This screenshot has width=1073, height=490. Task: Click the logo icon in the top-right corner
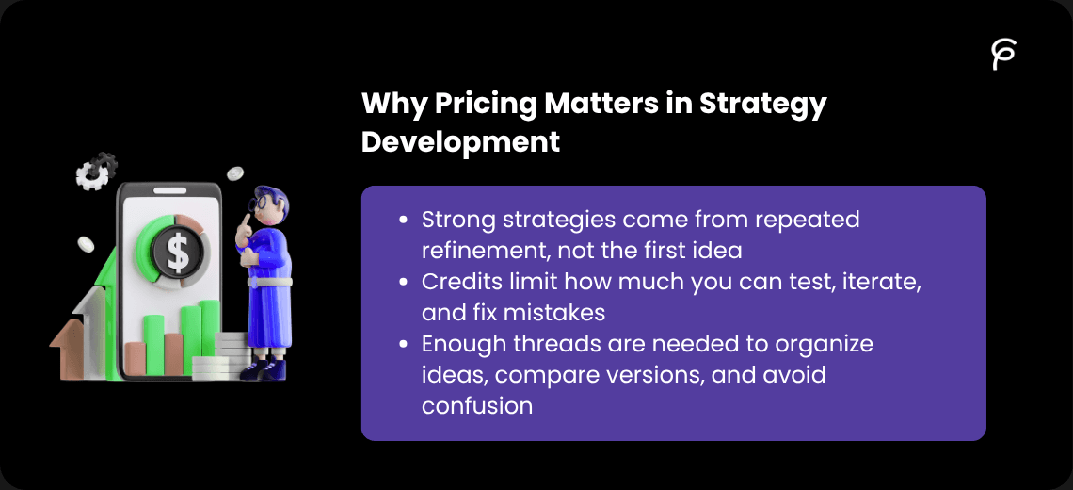point(1003,55)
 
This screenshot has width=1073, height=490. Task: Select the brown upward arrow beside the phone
point(67,349)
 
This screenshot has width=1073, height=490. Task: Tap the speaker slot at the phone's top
point(169,190)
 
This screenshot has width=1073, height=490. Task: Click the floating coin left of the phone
point(86,244)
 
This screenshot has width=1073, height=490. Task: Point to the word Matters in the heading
point(589,105)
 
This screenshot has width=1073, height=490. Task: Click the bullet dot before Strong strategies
point(404,220)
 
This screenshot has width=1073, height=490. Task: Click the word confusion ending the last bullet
point(476,406)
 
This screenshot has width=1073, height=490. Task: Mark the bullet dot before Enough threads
point(404,345)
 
